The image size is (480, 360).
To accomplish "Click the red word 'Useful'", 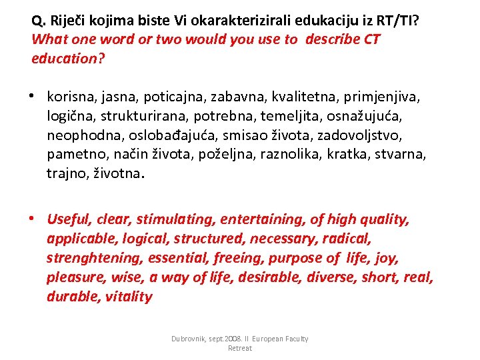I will [x=68, y=219].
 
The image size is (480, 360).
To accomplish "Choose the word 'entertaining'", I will [x=253, y=219].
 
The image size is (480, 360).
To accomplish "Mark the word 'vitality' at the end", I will [x=129, y=296].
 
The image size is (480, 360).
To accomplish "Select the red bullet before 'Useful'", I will [x=32, y=218].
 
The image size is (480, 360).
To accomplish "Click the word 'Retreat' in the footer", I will [x=240, y=348].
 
